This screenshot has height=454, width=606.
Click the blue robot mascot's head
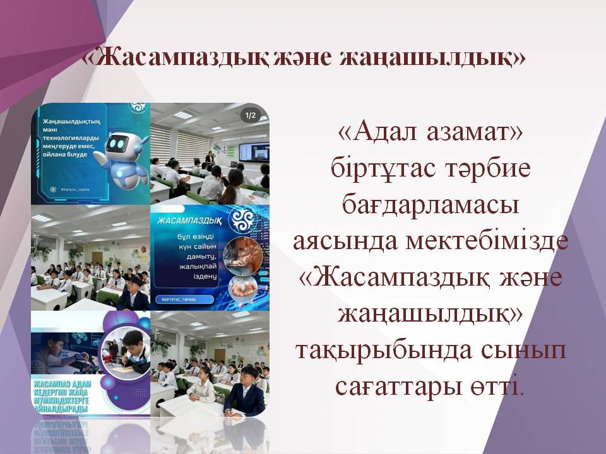[x=120, y=144]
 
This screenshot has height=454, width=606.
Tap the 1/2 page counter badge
[x=250, y=115]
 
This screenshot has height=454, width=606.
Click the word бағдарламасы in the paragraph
[x=429, y=206]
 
